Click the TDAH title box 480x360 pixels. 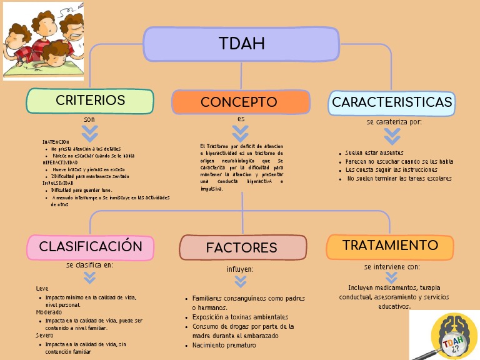tap(241, 44)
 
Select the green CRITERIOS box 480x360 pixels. tap(90, 101)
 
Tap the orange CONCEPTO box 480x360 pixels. tap(241, 102)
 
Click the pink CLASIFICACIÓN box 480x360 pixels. tap(90, 247)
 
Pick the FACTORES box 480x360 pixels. tap(242, 247)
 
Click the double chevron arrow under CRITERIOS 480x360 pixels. tap(90, 133)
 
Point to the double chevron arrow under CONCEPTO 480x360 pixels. tap(241, 133)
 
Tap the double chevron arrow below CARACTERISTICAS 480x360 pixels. tap(392, 136)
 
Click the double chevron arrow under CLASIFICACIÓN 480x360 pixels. tap(90, 277)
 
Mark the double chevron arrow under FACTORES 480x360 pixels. tap(241, 282)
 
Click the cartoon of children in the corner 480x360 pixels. tap(43, 41)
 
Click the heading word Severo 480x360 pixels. tap(45, 336)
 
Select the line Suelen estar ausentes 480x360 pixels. tap(374, 153)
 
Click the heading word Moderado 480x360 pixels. tap(49, 312)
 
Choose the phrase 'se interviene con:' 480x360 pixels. tap(392, 266)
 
